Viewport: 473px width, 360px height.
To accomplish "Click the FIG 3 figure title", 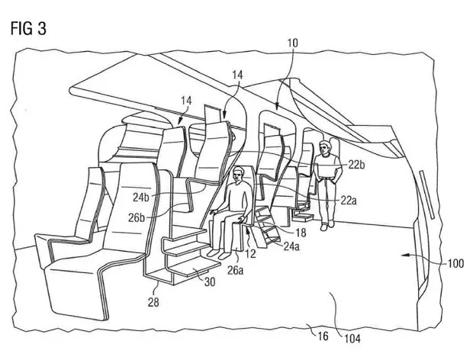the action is [x=28, y=29].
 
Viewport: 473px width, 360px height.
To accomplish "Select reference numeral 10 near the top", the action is [x=292, y=43].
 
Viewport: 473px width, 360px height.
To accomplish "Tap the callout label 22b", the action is [x=356, y=165].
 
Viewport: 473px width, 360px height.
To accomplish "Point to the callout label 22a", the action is [x=349, y=200].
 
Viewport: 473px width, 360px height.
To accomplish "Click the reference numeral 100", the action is [x=455, y=263].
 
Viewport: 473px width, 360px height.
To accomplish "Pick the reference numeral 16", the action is [x=323, y=336].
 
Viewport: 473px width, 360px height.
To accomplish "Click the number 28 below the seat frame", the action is [x=153, y=302].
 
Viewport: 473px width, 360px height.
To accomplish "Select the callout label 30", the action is [x=210, y=281].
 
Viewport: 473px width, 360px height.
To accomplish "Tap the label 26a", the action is [x=235, y=270].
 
